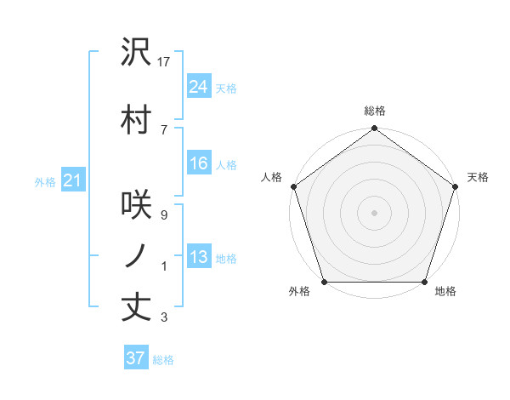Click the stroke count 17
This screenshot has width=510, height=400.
(x=165, y=61)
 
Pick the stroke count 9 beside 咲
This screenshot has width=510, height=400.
(x=163, y=215)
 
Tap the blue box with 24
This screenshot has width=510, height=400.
(x=198, y=86)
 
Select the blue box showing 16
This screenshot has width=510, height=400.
(x=198, y=163)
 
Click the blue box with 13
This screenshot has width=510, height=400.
(x=198, y=257)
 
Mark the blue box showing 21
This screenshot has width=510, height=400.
(x=71, y=180)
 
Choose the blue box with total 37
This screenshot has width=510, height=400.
(x=135, y=358)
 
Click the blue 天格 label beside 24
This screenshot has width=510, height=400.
(x=226, y=88)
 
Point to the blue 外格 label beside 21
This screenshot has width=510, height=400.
(x=44, y=181)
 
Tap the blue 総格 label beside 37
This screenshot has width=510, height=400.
(x=163, y=360)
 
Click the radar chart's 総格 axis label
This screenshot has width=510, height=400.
(x=375, y=111)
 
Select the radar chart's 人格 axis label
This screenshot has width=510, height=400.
(x=272, y=177)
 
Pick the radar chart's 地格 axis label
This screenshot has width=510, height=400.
(x=445, y=292)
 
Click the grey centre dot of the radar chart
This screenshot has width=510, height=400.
(x=375, y=212)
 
